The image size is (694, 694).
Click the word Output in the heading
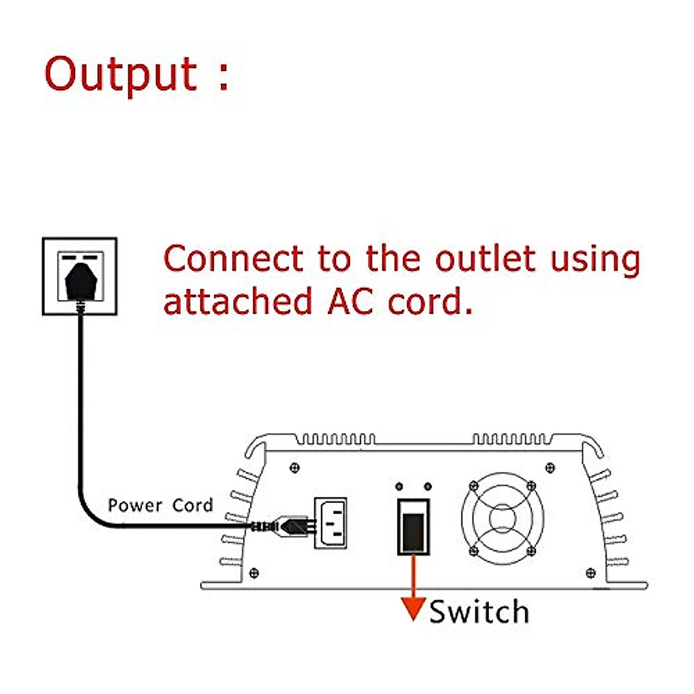pos(121,74)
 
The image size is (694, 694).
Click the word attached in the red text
pos(237,301)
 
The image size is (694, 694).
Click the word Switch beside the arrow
pos(479,612)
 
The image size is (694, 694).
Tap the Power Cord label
pos(160,505)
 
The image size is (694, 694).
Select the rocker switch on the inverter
pos(414,526)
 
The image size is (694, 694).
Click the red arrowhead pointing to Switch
pos(413,608)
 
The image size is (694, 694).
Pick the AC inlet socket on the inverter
pos(331,523)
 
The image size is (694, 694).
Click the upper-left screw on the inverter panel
pos(295,467)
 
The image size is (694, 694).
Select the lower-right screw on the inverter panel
pos(590,573)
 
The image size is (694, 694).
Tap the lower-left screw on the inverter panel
pos(253,573)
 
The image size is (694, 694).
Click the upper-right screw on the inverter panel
pos(550,467)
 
